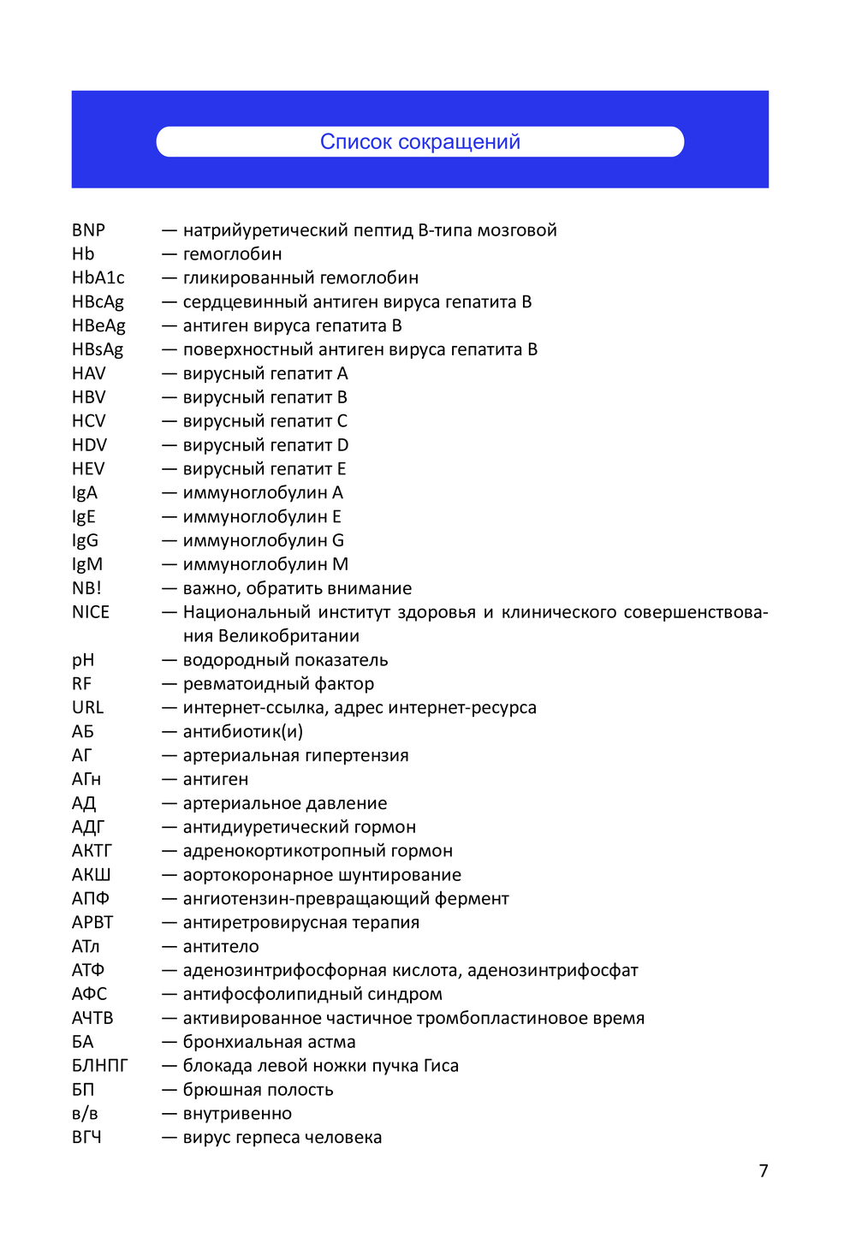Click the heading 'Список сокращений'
(x=419, y=142)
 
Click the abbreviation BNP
(x=88, y=230)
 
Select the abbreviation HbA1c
(x=98, y=278)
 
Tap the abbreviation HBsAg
(x=98, y=349)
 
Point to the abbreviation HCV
(x=88, y=421)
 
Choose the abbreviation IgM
(x=86, y=564)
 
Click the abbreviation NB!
(x=86, y=588)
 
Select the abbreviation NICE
(x=90, y=612)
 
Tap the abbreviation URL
(x=87, y=708)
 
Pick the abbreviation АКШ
(x=91, y=875)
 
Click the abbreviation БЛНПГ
(x=99, y=1066)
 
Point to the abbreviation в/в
(x=85, y=1114)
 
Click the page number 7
(x=764, y=1170)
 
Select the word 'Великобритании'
(x=288, y=636)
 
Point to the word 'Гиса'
(x=441, y=1066)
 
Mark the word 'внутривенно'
(x=237, y=1114)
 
